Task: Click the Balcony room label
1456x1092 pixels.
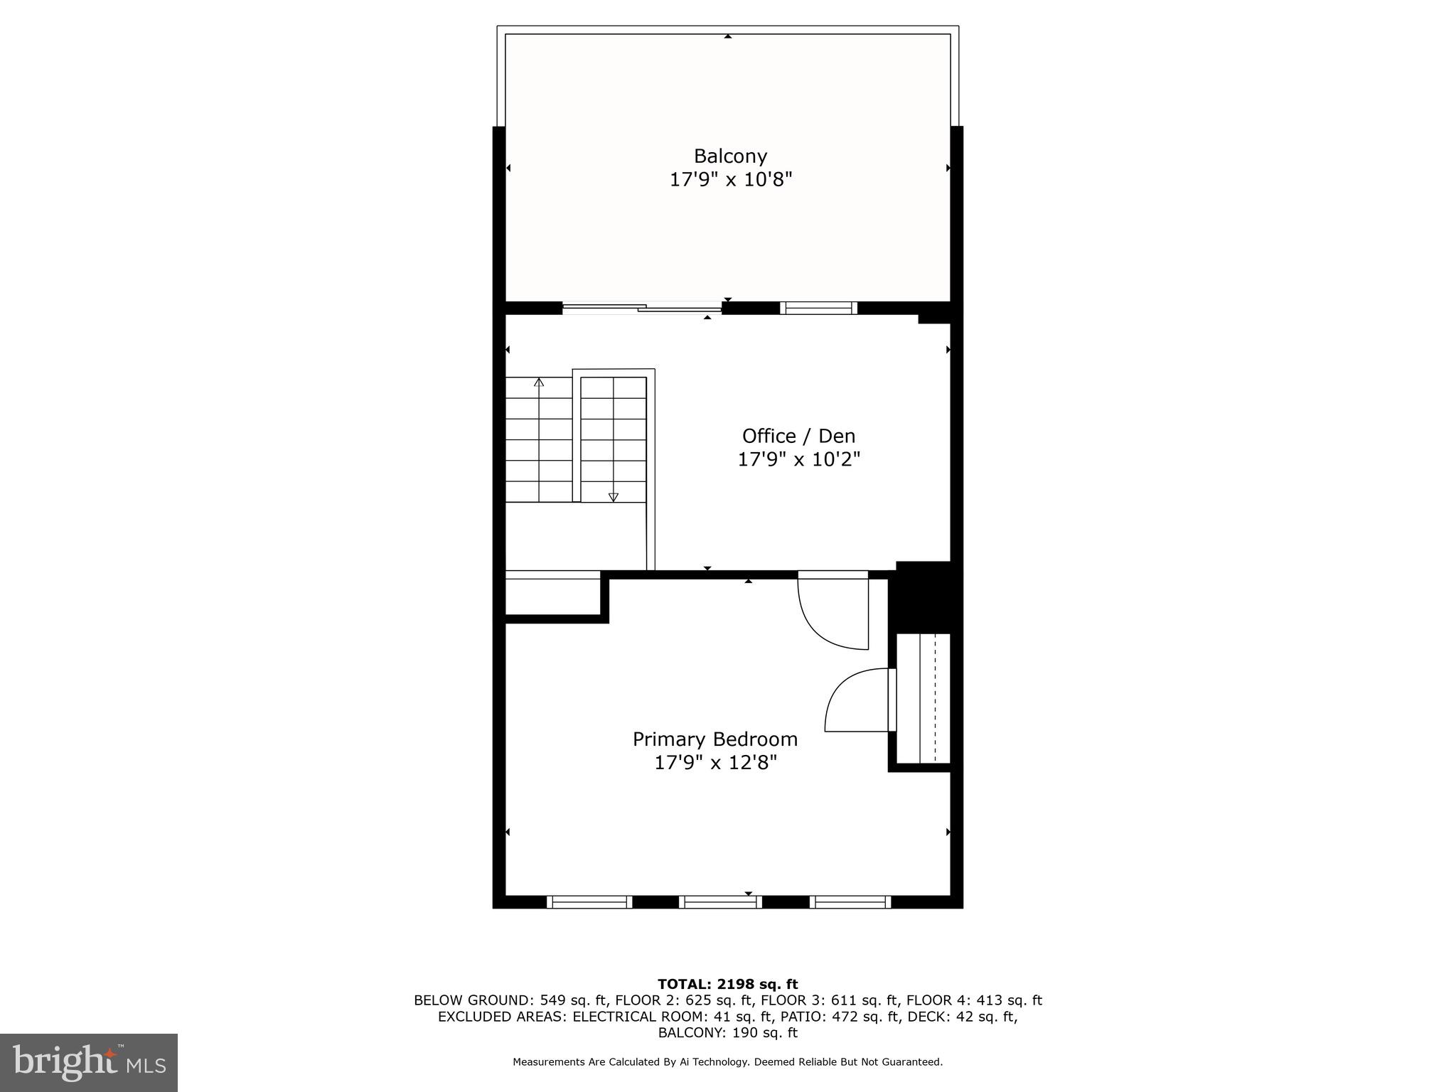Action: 730,156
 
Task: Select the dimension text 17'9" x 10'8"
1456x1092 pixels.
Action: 730,179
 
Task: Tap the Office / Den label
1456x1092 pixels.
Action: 798,436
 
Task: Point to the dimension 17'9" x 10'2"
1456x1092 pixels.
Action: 798,459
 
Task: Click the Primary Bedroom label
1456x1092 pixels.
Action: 714,739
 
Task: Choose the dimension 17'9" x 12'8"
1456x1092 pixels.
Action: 714,763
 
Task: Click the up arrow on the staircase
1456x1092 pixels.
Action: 539,382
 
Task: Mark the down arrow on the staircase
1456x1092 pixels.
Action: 614,497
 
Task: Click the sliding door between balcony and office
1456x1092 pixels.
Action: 641,308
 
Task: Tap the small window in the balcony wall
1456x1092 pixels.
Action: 818,308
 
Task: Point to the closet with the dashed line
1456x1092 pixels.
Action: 922,698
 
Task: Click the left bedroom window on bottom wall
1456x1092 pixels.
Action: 589,901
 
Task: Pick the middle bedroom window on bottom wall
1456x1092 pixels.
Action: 720,901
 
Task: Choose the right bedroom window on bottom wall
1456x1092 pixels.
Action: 850,901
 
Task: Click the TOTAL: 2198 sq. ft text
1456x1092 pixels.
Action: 727,984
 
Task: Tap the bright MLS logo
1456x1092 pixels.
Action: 88,1062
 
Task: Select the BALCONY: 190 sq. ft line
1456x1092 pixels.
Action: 727,1032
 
